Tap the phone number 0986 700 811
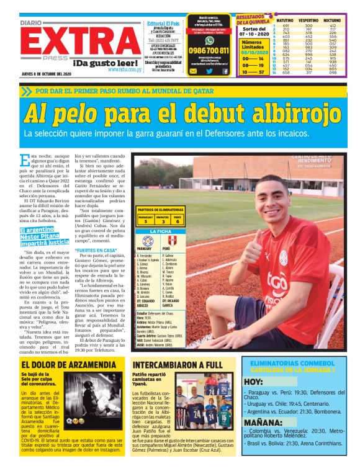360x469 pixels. [x=209, y=51]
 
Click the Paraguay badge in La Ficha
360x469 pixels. [x=147, y=241]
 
